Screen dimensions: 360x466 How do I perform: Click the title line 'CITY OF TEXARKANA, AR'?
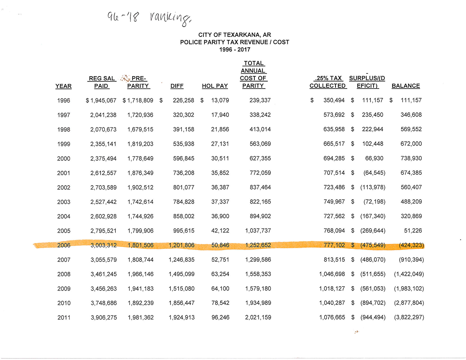click(x=235, y=35)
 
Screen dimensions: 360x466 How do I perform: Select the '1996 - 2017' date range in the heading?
click(x=235, y=49)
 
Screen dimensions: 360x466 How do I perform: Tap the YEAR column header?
click(x=63, y=86)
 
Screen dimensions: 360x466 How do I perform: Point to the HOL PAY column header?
click(x=215, y=86)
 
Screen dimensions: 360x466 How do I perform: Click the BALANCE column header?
click(x=405, y=86)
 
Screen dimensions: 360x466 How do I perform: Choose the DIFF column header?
click(x=177, y=86)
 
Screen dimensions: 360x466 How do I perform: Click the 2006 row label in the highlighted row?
click(x=63, y=245)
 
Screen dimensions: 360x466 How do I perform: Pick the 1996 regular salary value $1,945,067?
click(x=101, y=101)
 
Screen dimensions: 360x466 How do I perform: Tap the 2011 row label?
click(x=63, y=318)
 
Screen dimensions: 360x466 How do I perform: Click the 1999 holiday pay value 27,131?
click(x=220, y=144)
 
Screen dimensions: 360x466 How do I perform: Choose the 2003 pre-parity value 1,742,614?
click(x=140, y=202)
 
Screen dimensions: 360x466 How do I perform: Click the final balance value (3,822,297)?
click(x=409, y=318)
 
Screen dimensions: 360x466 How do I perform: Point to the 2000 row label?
click(x=63, y=158)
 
